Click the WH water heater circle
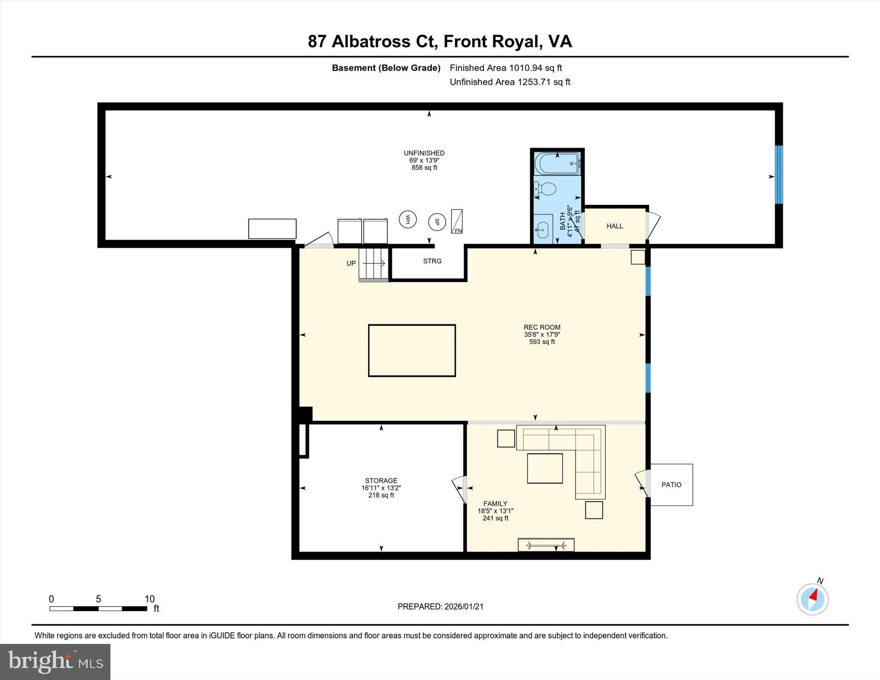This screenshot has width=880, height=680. coord(407,220)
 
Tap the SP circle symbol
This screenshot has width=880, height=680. coord(437,222)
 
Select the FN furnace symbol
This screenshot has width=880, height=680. coord(457,222)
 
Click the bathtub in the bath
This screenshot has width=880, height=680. coord(557,164)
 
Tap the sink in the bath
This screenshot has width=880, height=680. coord(542,229)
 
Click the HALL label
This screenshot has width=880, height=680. coord(614,226)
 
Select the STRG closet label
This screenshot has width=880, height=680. coord(432,261)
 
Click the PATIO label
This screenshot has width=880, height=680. coord(671,485)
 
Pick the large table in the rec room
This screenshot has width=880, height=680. coord(412,351)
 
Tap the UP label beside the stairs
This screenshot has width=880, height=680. coord(351,263)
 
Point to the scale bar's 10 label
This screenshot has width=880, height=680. coord(149,599)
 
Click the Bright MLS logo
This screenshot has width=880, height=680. coord(55,662)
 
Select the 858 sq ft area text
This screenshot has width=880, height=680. coord(424,168)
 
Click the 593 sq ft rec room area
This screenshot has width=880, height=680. coord(542,342)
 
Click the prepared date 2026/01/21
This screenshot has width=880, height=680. coord(464,607)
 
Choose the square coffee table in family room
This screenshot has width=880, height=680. coord(545,468)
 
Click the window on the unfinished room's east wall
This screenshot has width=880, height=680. coord(779,174)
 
